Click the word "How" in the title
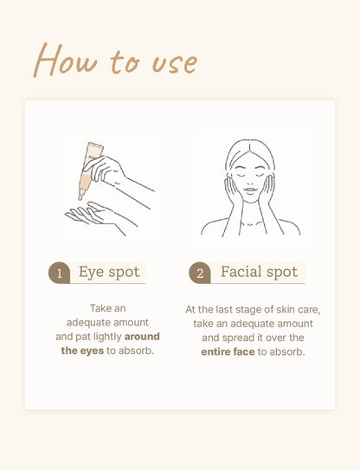pos(66,60)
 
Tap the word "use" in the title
pos(175,63)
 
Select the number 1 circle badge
pos(59,273)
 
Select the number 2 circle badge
pos(200,273)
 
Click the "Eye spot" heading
pos(109,273)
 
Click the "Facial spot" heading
pos(259,272)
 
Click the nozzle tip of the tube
pos(80,197)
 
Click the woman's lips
pos(250,190)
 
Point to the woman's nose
pos(250,181)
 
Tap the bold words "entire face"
pos(228,351)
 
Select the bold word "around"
pos(142,337)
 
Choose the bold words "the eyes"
pos(82,351)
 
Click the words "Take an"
pos(108,308)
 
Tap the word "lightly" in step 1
pos(107,337)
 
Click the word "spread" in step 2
pos(234,338)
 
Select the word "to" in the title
pos(125,62)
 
